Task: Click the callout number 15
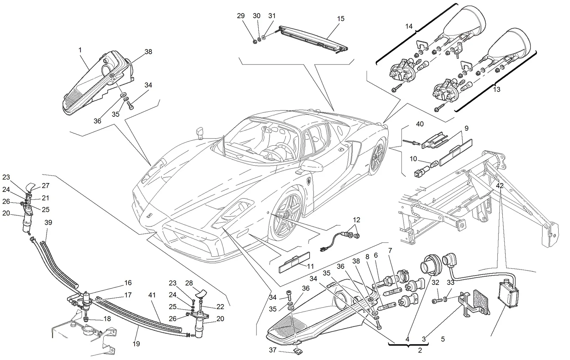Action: point(341,19)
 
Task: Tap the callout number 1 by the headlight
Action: point(80,50)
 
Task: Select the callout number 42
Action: point(500,186)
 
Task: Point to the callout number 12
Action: point(357,220)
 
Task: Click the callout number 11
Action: point(310,266)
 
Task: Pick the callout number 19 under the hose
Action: point(136,344)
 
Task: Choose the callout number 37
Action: point(273,350)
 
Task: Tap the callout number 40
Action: point(420,124)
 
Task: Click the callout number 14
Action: point(409,26)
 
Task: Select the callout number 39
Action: point(48,222)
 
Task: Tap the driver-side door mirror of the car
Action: point(311,166)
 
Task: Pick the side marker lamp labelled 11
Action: point(294,262)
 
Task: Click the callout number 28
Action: point(189,283)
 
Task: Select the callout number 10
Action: point(413,159)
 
